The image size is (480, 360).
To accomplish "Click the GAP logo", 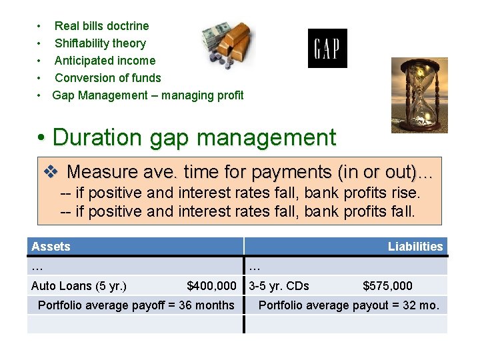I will (327, 48).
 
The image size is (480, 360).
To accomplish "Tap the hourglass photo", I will (419, 94).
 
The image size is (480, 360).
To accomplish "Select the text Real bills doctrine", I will (101, 26).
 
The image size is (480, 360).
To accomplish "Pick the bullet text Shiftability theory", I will (100, 43).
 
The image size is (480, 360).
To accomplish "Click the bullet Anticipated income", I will (105, 61).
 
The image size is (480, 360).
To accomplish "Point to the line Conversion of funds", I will (107, 78).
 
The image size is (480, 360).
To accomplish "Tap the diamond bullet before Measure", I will (51, 172).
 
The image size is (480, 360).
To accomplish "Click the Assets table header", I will (51, 247).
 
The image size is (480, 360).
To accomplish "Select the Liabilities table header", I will (415, 247).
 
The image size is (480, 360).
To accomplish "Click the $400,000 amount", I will (211, 286).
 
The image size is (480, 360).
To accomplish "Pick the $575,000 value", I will (387, 286).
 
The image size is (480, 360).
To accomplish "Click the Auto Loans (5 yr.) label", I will (79, 286).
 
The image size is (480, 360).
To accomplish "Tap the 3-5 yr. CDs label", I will (279, 286).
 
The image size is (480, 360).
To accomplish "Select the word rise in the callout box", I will (407, 193).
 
